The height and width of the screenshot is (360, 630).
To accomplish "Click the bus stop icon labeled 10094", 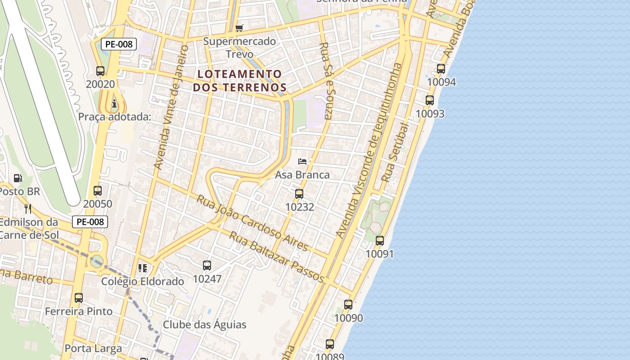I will pyautogui.click(x=441, y=69).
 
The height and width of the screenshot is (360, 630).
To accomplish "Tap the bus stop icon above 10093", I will pyautogui.click(x=430, y=100).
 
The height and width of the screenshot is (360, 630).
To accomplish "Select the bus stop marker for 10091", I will pyautogui.click(x=380, y=241).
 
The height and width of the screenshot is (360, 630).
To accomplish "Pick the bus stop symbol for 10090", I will pyautogui.click(x=348, y=305).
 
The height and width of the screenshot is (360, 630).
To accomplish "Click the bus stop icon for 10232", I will pyautogui.click(x=299, y=194).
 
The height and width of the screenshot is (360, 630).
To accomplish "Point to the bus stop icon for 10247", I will pyautogui.click(x=207, y=265).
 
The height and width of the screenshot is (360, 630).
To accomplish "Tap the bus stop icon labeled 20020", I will pyautogui.click(x=100, y=71).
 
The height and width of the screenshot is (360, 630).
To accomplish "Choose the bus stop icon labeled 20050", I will pyautogui.click(x=98, y=191).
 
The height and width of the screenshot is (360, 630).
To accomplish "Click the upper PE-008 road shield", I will pyautogui.click(x=118, y=44).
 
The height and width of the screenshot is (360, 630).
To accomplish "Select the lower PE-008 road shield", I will pyautogui.click(x=90, y=222).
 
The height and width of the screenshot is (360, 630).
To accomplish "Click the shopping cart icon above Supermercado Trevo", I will pyautogui.click(x=239, y=28).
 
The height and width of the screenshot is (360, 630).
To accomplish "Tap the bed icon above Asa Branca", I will pyautogui.click(x=302, y=161).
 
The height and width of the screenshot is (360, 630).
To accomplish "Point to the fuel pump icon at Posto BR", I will pyautogui.click(x=18, y=178).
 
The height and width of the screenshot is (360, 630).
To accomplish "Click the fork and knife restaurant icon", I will pyautogui.click(x=28, y=208).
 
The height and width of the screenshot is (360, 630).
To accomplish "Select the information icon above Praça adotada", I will pyautogui.click(x=114, y=104).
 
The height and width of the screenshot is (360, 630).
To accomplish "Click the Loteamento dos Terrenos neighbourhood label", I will pyautogui.click(x=239, y=81).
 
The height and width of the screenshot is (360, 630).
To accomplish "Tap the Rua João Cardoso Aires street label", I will pyautogui.click(x=252, y=223).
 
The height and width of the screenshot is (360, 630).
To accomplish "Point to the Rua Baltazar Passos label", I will pyautogui.click(x=276, y=257).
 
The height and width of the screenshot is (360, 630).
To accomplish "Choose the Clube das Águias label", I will pyautogui.click(x=205, y=324).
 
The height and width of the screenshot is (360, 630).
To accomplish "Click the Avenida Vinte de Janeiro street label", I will pyautogui.click(x=171, y=107).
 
